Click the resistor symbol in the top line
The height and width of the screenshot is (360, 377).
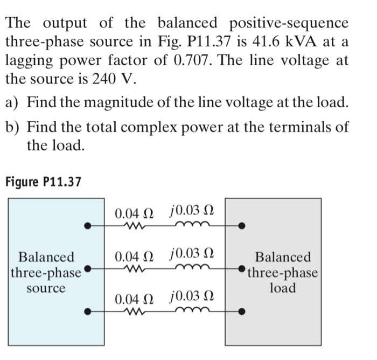coord(131,226)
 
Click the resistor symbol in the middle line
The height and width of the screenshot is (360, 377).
coord(131,268)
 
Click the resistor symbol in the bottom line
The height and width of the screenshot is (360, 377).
coord(131,310)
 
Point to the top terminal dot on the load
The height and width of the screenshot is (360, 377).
coord(243,226)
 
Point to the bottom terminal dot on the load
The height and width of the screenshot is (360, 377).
coord(243,311)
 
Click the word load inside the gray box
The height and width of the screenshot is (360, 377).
coord(283,288)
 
